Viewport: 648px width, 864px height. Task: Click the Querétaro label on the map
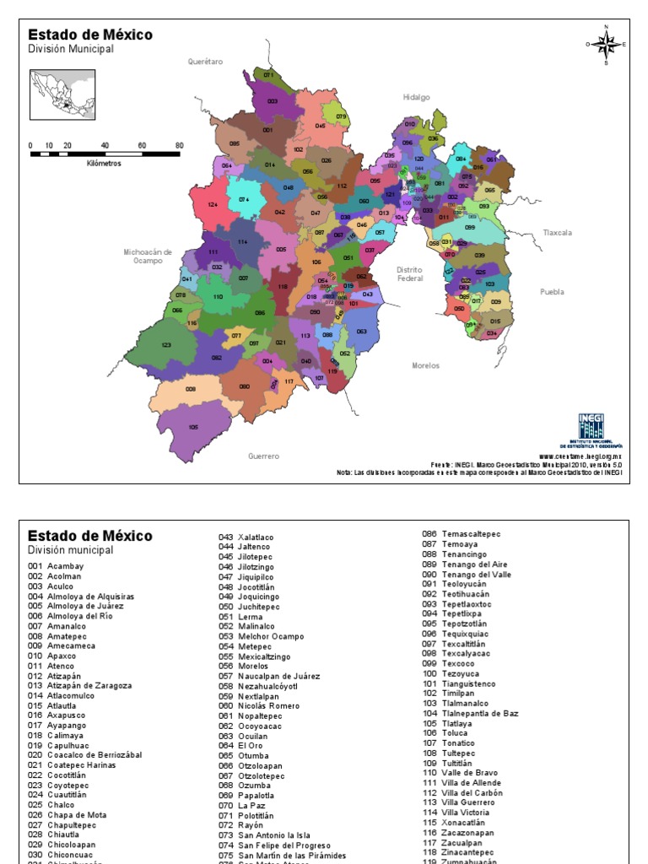[x=205, y=62]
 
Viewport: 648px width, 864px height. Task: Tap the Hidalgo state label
[x=416, y=97]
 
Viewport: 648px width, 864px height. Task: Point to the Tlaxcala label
[x=557, y=232]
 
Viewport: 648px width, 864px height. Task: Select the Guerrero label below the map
[x=263, y=456]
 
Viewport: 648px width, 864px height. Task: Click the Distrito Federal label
[x=410, y=273]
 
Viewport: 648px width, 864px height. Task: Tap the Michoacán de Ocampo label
[x=148, y=256]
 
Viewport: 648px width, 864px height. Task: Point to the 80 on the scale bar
[x=179, y=145]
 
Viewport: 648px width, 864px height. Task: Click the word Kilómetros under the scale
[x=104, y=164]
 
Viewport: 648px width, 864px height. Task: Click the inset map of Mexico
[x=63, y=94]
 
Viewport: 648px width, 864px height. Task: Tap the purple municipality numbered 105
[x=193, y=428]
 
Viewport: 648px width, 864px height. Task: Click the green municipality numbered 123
[x=166, y=345]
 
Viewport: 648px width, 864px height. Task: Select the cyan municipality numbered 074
[x=244, y=200]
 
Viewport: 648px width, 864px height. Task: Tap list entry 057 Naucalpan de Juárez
[x=269, y=676]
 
